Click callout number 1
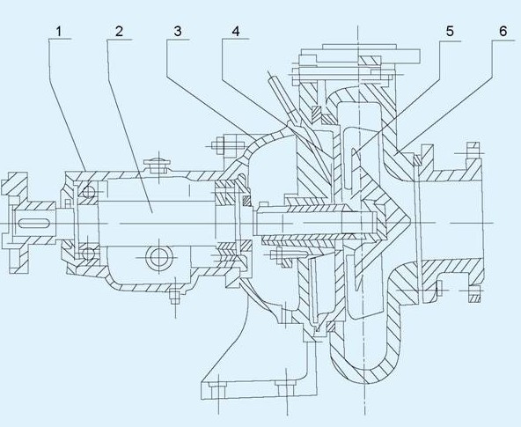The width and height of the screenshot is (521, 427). point(59,32)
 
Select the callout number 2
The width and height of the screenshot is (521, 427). point(119,32)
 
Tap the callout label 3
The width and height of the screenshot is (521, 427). point(178,31)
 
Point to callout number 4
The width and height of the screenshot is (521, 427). point(236,31)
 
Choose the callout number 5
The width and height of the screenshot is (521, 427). point(450,31)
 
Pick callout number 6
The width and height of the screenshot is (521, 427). point(503,31)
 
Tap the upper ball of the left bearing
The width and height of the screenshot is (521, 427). point(89,191)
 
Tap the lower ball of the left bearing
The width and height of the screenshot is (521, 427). point(88,254)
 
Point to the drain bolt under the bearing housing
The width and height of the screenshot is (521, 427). point(174,297)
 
